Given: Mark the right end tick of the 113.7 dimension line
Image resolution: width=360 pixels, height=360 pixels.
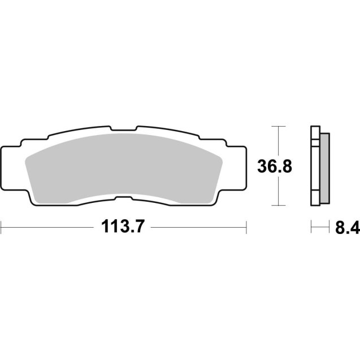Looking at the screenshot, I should click(246, 228).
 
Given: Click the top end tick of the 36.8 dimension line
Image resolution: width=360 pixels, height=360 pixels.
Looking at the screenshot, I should click(276, 126).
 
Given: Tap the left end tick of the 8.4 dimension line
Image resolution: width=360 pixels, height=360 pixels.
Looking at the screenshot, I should click(311, 228).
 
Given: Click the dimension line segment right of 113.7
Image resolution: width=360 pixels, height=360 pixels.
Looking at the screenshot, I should click(198, 228).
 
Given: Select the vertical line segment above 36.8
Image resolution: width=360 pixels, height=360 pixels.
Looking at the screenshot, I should click(276, 141).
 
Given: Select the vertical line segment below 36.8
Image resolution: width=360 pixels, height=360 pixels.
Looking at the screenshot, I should click(276, 192).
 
